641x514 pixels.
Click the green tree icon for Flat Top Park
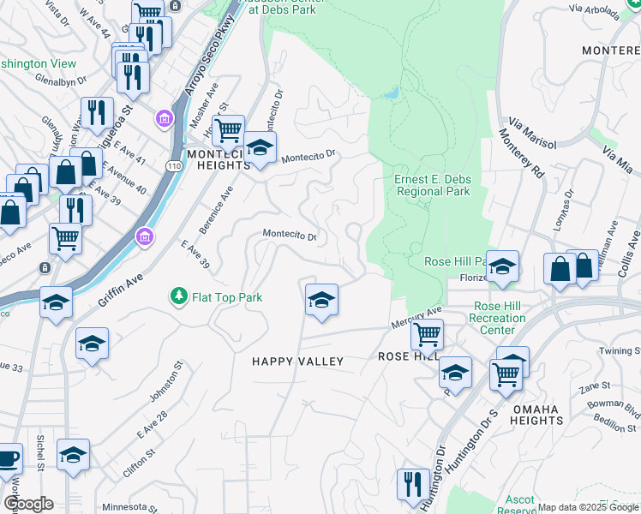(x=178, y=297)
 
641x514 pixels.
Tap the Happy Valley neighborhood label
(x=297, y=362)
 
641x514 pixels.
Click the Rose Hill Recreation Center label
(x=498, y=318)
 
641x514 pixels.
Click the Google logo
(x=27, y=504)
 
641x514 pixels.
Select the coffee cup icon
(x=7, y=457)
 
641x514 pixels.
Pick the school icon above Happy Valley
(x=321, y=300)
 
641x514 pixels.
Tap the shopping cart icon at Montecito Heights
(x=228, y=131)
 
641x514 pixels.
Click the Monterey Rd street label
(x=520, y=153)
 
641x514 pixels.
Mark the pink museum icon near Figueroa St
(x=162, y=117)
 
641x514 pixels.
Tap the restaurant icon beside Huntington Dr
(x=413, y=484)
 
